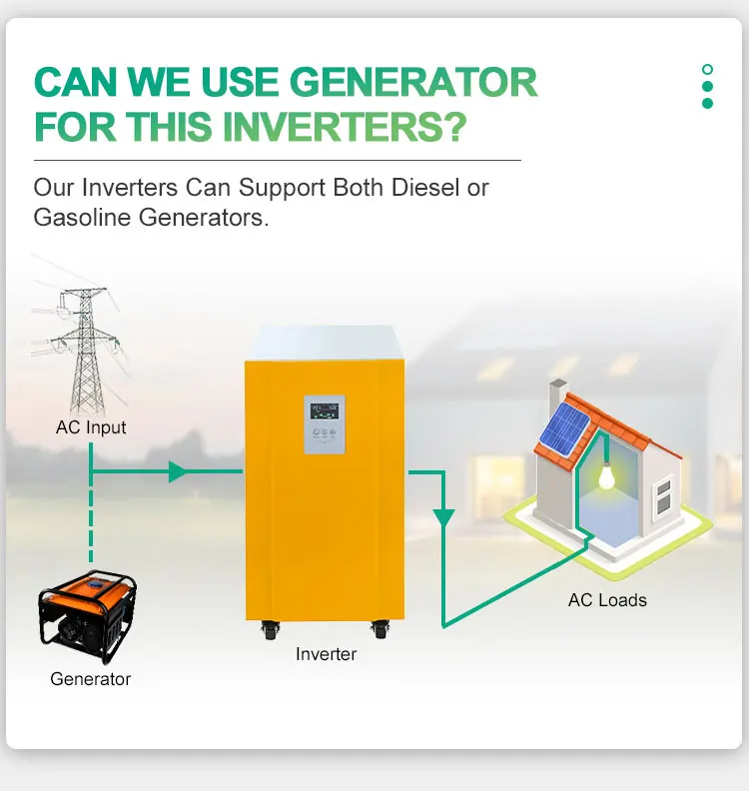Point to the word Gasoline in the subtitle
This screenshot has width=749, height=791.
pos(81,216)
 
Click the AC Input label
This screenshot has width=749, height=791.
pos(91,427)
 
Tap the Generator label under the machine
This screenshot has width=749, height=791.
pos(90,679)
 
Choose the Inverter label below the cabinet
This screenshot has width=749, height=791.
pos(326,654)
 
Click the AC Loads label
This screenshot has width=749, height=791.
pos(607,600)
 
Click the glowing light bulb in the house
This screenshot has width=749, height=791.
pos(605,476)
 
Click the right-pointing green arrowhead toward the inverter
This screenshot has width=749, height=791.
pos(178,471)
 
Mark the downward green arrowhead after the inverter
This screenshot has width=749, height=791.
pos(443,519)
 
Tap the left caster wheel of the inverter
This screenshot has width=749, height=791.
pos(271,630)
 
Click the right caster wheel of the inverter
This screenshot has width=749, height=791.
pos(379,630)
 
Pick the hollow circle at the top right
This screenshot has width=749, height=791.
pos(707,70)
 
